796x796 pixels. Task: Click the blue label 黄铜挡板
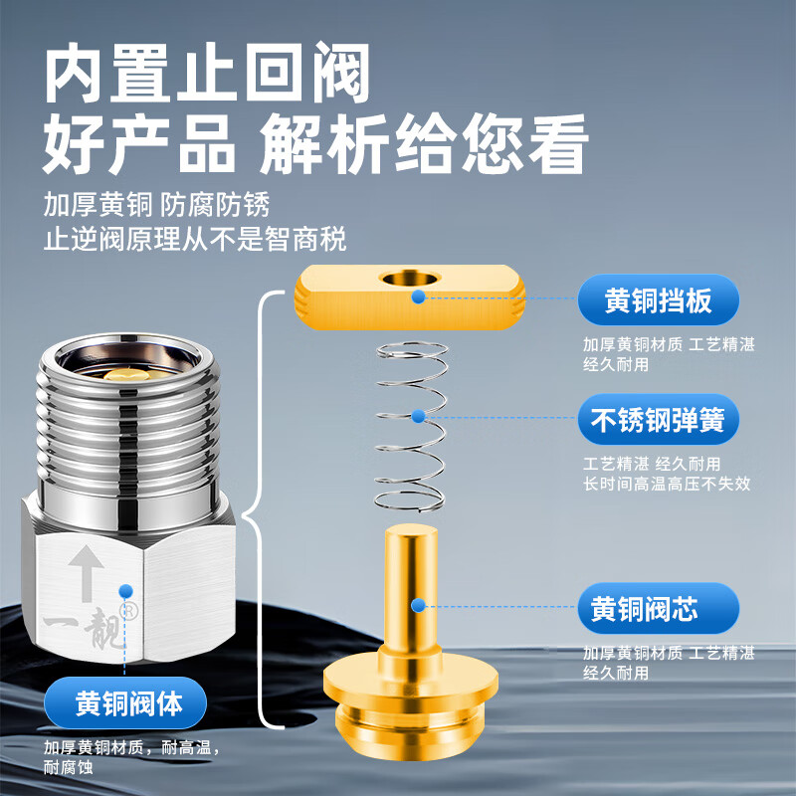coord(659,299)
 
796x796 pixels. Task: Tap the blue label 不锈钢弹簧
coord(659,421)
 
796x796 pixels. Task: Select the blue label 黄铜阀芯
coord(659,608)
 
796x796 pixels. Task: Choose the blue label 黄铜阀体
coord(129,703)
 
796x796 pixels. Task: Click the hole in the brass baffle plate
coord(409,278)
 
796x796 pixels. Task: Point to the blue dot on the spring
coord(418,414)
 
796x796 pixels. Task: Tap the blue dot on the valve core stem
coord(418,604)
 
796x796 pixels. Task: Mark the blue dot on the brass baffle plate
coord(418,297)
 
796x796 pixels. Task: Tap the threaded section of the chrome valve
coord(127,438)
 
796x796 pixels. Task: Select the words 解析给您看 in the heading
coord(423,147)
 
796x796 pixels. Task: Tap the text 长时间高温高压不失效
coord(667,485)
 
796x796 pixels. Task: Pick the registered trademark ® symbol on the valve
coord(127,609)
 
